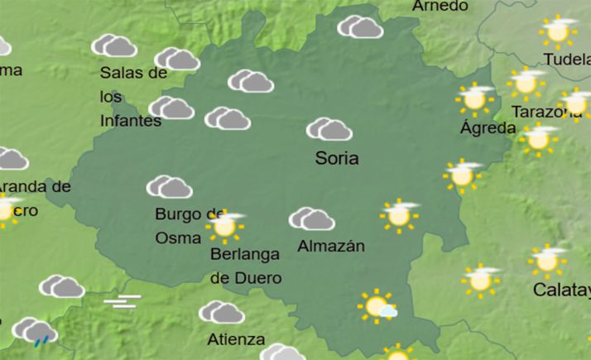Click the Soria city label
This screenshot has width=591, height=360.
click(x=337, y=157)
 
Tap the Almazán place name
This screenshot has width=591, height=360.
click(x=330, y=246)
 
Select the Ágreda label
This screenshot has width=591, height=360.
click(x=488, y=128)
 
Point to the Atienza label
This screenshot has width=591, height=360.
click(x=237, y=339)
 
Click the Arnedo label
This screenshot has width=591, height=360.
click(x=440, y=6)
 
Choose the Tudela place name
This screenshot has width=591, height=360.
click(x=566, y=59)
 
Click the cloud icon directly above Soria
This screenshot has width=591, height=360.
click(x=329, y=129)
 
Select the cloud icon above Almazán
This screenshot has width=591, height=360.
click(x=312, y=218)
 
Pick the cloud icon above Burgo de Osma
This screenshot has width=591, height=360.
click(x=170, y=188)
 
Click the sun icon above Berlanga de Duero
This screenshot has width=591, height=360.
click(x=223, y=224)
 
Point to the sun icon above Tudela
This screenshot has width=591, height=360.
click(x=558, y=31)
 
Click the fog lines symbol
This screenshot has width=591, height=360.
click(x=122, y=301)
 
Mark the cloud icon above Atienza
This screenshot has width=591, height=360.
click(x=221, y=312)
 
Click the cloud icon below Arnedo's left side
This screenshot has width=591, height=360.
click(x=360, y=27)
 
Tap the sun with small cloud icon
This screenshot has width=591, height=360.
click(x=377, y=307)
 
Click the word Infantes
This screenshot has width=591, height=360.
click(x=130, y=121)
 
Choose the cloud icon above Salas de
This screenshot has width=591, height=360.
click(x=114, y=46)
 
